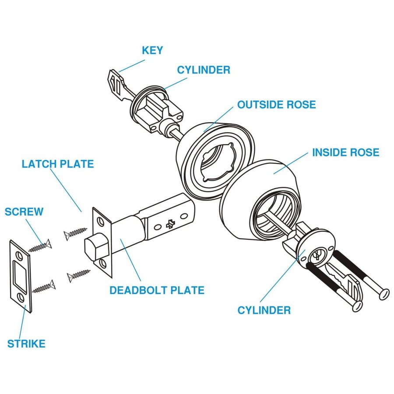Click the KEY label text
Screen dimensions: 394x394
point(152,50)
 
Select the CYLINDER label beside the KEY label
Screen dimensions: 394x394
point(204,70)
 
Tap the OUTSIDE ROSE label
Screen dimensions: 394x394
point(276,105)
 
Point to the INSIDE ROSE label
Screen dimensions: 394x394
point(345,153)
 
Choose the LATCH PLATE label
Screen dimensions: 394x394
point(58,164)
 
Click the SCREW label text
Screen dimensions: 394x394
point(24,212)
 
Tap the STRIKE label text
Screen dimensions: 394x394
point(26,344)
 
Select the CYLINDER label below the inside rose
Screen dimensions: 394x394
point(264,310)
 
